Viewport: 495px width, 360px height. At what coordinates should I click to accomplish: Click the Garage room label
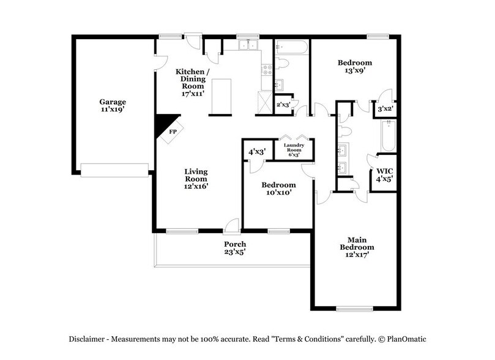click(x=113, y=105)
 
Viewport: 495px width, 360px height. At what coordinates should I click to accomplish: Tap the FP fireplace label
click(x=173, y=131)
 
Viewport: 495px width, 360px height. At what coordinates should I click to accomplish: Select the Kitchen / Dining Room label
click(x=193, y=83)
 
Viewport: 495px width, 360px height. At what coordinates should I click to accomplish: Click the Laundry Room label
click(x=294, y=150)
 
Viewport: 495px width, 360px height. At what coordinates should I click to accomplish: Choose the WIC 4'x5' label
click(x=384, y=175)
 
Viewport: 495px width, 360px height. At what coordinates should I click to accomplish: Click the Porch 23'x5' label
click(x=235, y=247)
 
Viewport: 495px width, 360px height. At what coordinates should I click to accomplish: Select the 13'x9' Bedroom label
click(x=355, y=67)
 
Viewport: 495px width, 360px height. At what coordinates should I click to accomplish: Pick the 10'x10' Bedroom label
click(x=278, y=189)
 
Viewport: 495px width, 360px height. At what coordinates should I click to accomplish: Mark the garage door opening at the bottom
click(x=115, y=170)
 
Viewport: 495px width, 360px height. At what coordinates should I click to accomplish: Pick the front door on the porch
click(x=231, y=228)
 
